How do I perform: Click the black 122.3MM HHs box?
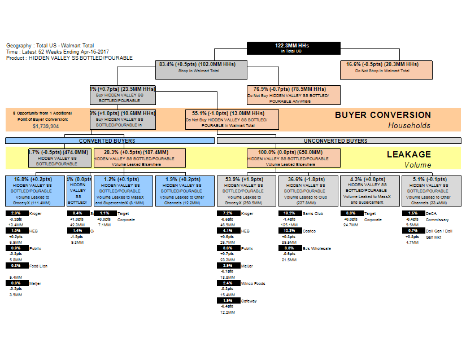(294, 48)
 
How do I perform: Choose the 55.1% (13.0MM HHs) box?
(232, 119)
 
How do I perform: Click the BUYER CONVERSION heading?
(383, 115)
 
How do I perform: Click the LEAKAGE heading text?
(409, 154)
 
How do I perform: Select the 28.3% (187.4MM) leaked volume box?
(140, 158)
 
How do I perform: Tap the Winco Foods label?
(254, 284)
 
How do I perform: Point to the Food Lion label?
(38, 266)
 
